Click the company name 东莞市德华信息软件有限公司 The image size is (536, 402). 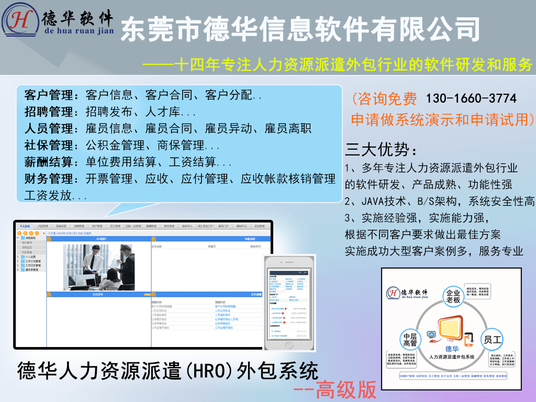(x=300, y=29)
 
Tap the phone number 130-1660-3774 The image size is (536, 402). (x=471, y=98)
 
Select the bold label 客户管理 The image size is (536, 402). (x=50, y=95)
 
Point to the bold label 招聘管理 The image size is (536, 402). (x=50, y=112)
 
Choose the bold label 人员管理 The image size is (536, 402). (x=50, y=129)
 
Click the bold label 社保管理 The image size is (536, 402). (x=50, y=146)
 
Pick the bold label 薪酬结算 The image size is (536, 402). (x=50, y=162)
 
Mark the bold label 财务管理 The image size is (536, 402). (x=50, y=179)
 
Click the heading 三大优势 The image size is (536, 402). (x=381, y=150)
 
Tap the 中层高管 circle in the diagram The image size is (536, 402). (x=410, y=340)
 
